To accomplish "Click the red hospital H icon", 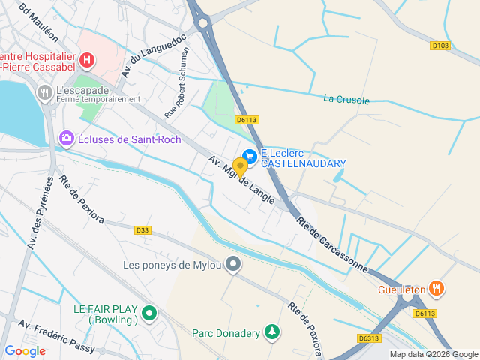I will tap(88, 59).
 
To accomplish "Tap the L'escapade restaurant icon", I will tap(44, 92).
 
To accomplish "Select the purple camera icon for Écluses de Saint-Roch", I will tap(67, 139).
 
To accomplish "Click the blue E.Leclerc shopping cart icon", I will tap(250, 156).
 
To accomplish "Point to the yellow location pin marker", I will tap(240, 166).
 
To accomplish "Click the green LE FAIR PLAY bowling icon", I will tap(149, 314).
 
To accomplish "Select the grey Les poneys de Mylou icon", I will tap(234, 264).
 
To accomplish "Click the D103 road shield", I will tap(440, 46).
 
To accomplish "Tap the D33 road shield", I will tap(143, 230).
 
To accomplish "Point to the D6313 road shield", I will tap(369, 338).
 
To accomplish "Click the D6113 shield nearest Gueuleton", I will tap(424, 313).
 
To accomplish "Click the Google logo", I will tap(25, 350).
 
